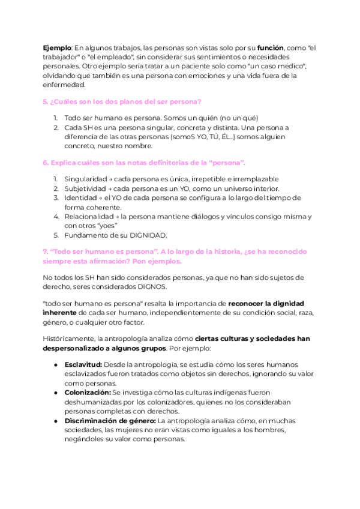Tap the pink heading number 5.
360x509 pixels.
[46, 102]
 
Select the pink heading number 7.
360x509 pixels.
[46, 251]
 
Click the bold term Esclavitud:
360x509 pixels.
[83, 365]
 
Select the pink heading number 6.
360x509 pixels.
[46, 163]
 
